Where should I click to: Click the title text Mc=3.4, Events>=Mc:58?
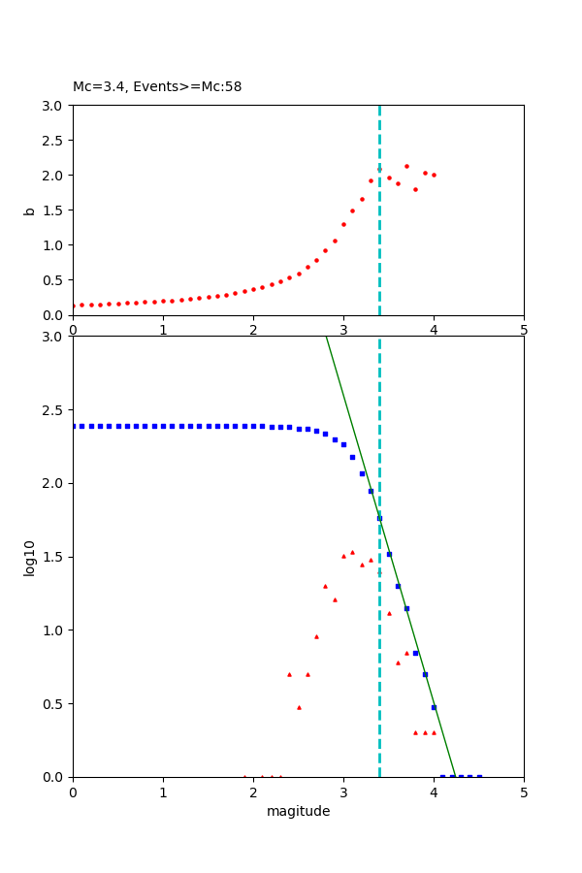point(157,87)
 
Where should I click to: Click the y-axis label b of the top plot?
point(30,210)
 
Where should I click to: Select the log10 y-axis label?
point(30,558)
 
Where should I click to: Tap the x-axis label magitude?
point(298,812)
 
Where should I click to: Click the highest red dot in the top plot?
point(406,166)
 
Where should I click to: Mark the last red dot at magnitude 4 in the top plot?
point(434,175)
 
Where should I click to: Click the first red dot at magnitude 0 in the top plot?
point(74,306)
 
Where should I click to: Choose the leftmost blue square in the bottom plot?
point(74,426)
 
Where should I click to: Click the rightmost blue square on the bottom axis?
point(479,776)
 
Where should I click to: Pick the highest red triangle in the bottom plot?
point(352,552)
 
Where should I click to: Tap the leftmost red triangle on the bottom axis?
point(244,776)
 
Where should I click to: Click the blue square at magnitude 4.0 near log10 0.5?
point(434,707)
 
